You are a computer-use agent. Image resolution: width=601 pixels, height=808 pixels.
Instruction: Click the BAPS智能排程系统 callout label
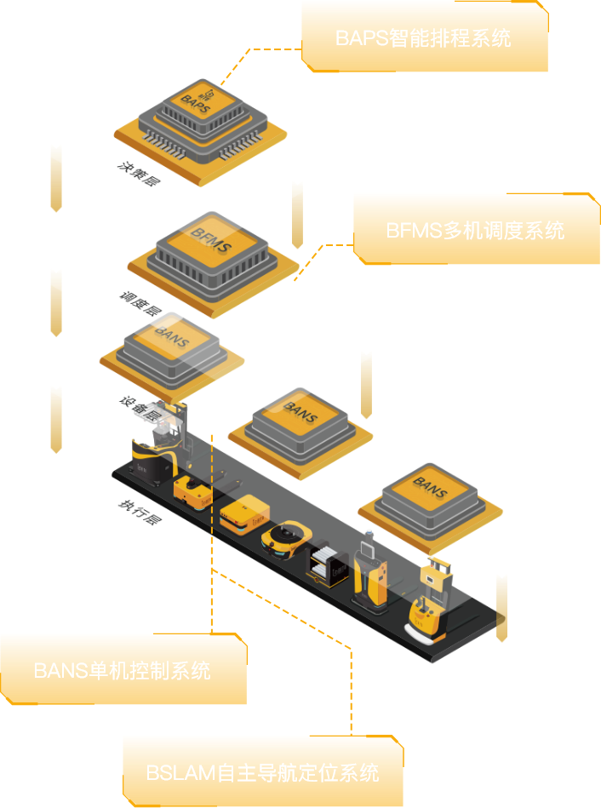[423, 38]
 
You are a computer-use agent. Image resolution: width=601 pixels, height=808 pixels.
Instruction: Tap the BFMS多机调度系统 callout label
[475, 230]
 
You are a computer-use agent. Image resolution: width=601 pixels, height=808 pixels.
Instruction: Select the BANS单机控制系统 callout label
[123, 670]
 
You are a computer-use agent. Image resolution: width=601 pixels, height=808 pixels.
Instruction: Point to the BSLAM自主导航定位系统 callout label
[262, 772]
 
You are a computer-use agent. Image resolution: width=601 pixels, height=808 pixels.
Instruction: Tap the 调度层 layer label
[140, 304]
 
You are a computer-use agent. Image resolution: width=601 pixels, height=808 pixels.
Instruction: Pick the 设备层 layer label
[141, 408]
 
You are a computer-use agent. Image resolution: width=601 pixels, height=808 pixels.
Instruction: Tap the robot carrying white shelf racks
[328, 563]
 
